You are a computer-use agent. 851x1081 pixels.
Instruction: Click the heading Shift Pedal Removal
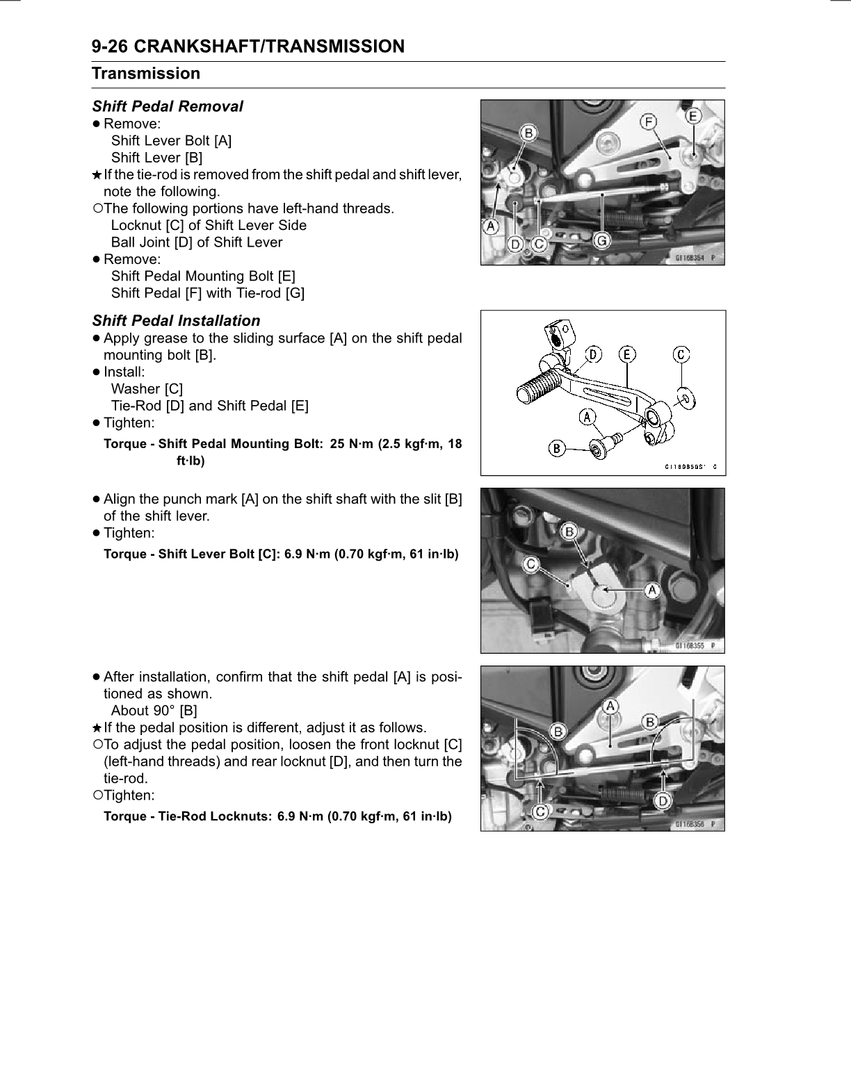pos(168,106)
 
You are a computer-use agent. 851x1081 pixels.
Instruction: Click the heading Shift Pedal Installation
pos(176,321)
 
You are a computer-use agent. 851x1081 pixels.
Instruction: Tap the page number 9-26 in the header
pos(109,47)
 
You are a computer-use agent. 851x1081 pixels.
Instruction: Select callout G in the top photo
pos(602,241)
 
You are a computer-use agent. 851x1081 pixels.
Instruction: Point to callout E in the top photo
pos(693,116)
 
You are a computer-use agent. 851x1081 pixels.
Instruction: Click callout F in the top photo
pos(648,122)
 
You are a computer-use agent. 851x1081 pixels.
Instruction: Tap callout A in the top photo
pos(492,226)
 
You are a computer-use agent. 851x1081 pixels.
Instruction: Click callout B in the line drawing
pos(556,448)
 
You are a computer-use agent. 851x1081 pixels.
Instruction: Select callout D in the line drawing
pos(593,354)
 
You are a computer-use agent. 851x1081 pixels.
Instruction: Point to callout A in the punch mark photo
pos(652,591)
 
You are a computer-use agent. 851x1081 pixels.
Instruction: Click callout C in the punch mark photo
pos(531,564)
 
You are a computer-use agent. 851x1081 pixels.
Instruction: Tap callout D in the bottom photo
pos(663,800)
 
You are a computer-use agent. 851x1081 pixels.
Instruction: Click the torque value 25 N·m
pos(350,444)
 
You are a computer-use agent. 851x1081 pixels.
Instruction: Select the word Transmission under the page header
pos(146,73)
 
